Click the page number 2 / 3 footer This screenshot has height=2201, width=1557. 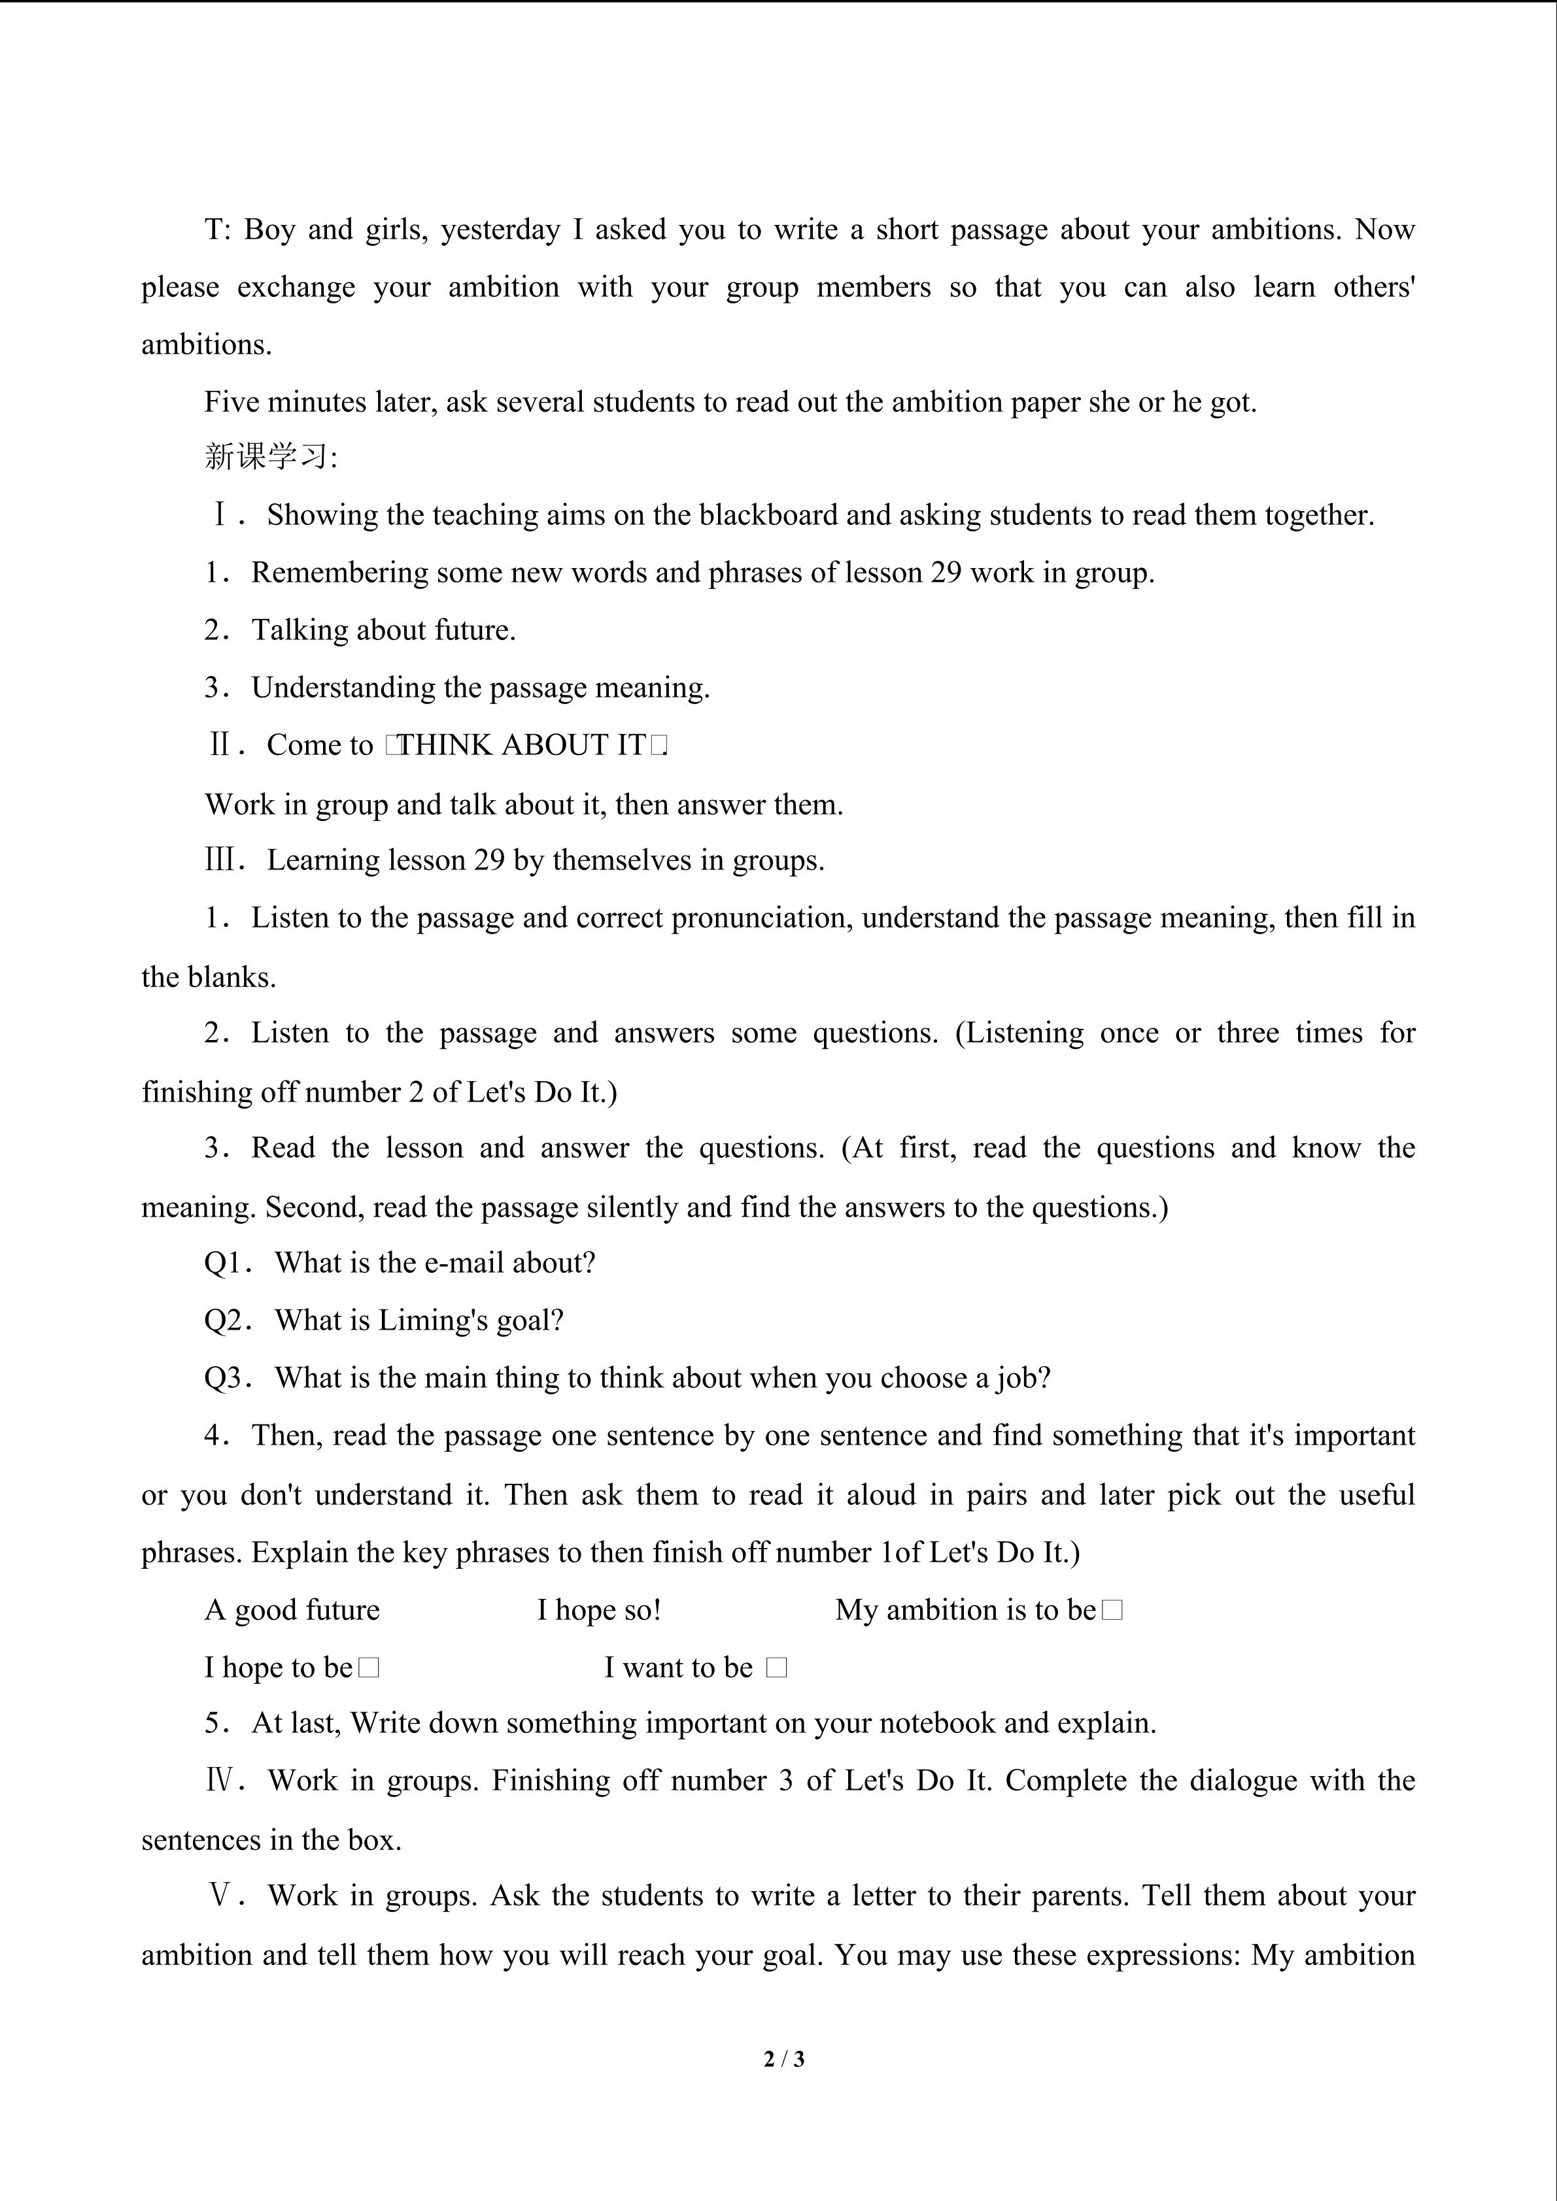pyautogui.click(x=783, y=2058)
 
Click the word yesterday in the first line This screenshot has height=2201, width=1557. pyautogui.click(x=500, y=230)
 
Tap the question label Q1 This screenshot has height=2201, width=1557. pyautogui.click(x=226, y=1264)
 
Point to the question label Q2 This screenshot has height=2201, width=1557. pyautogui.click(x=226, y=1321)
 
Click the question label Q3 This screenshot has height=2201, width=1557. pyautogui.click(x=226, y=1379)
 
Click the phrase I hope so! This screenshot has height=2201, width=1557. pyautogui.click(x=599, y=1611)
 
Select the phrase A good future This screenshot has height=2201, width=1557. pyautogui.click(x=292, y=1611)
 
